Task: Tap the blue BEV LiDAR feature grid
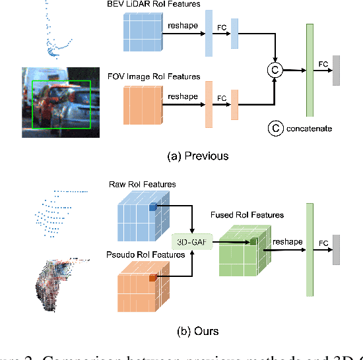[142, 32]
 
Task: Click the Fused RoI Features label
[247, 215]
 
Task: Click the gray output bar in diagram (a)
[337, 71]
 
